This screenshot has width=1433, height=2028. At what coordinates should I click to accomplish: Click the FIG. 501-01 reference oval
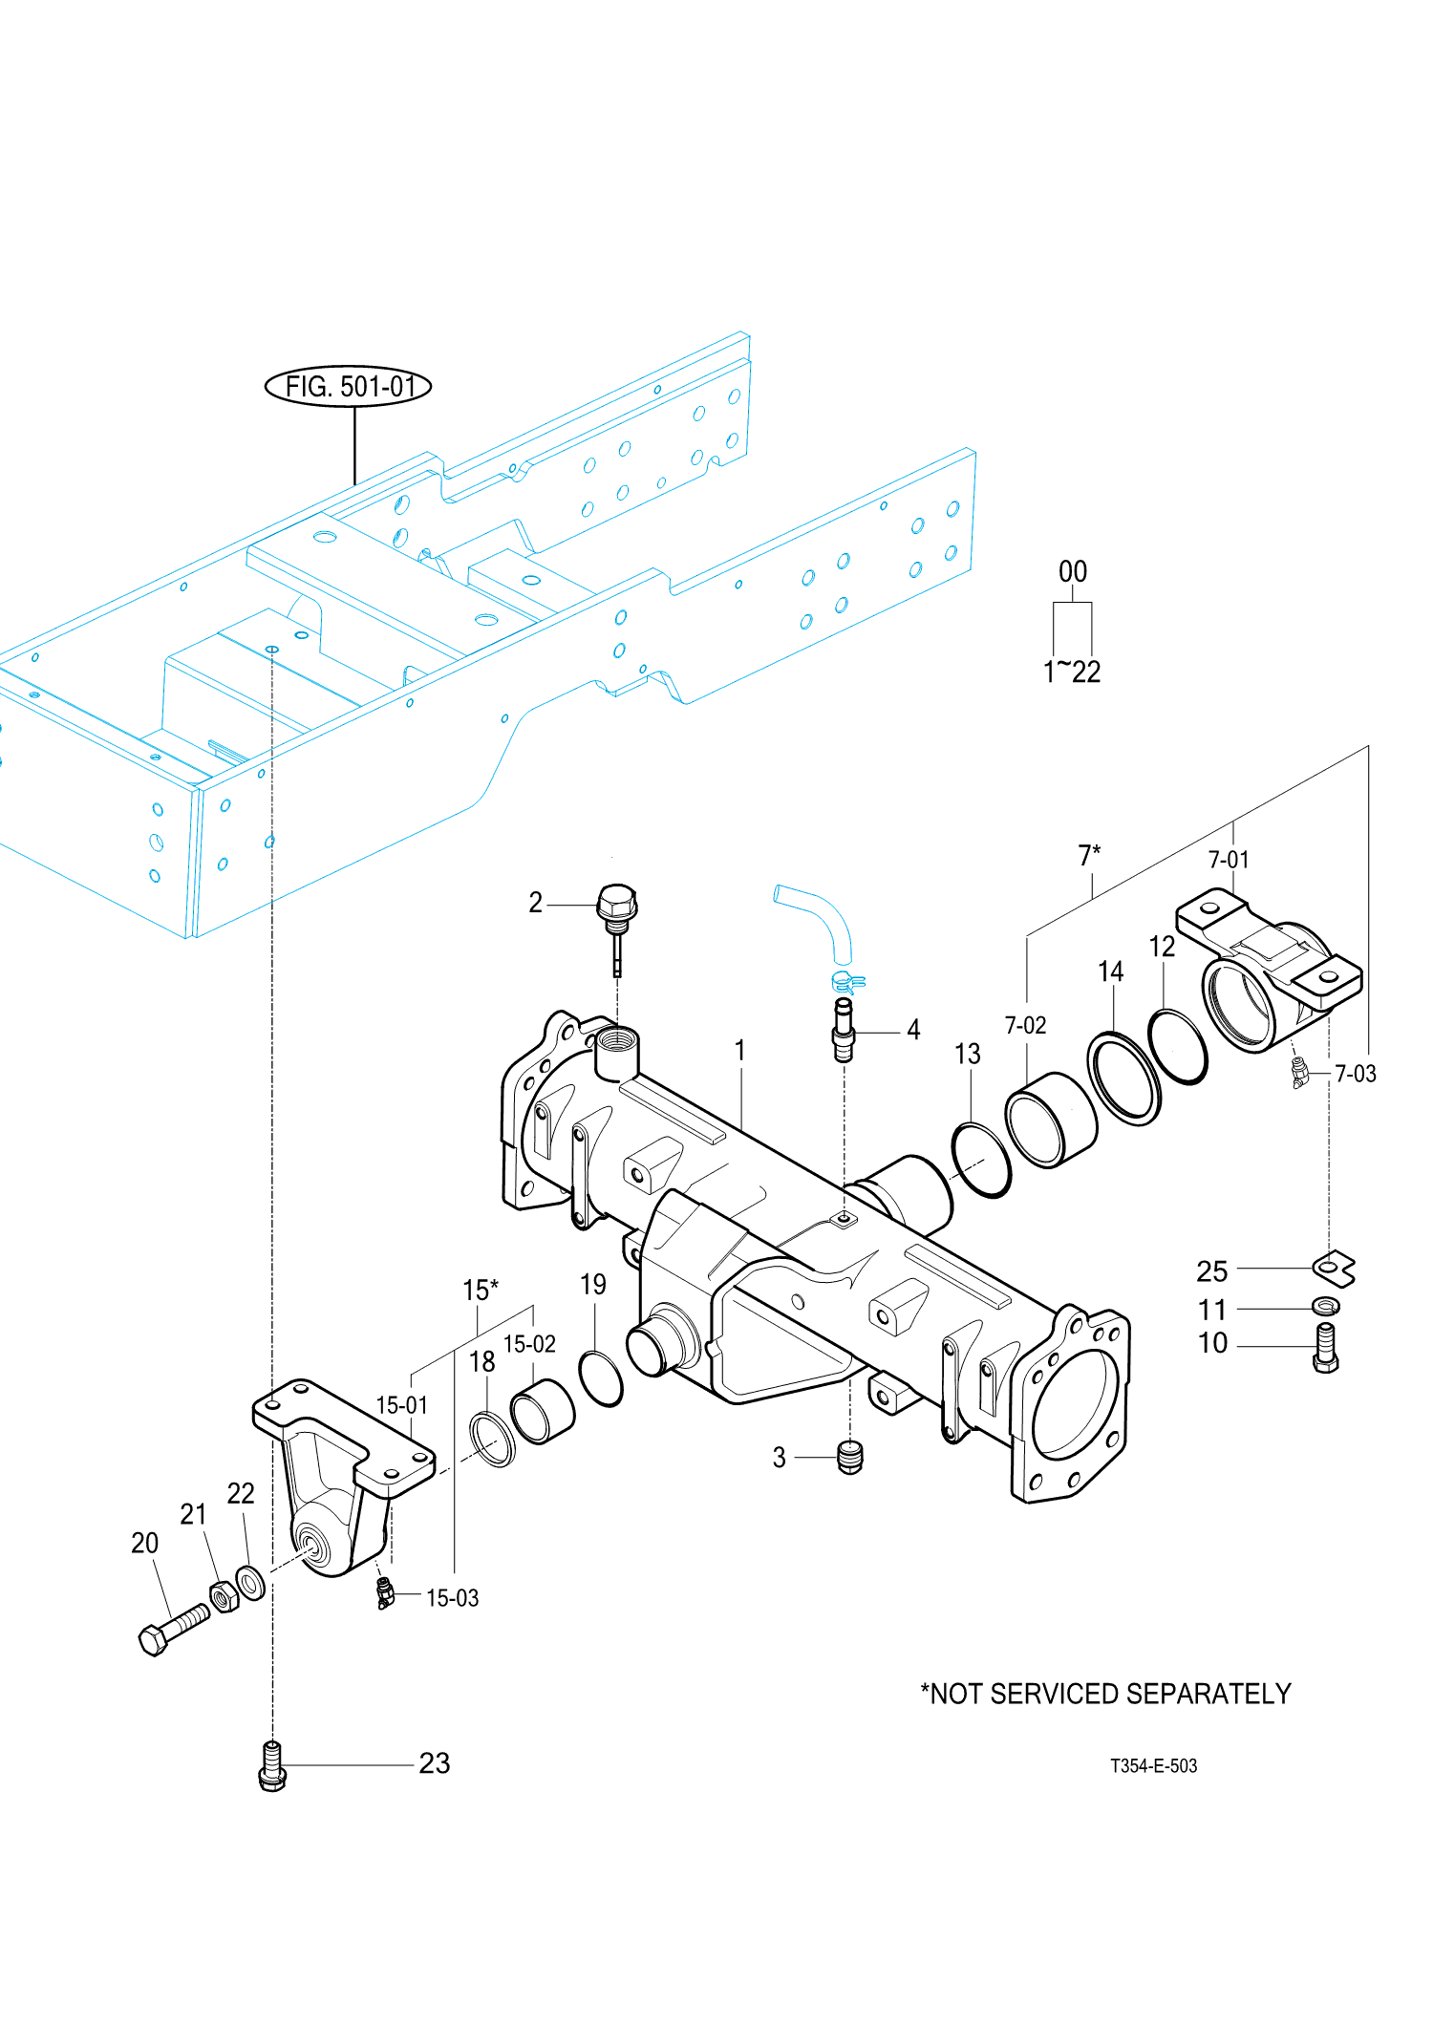tap(348, 386)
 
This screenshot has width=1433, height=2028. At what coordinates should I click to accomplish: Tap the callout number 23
tap(435, 1763)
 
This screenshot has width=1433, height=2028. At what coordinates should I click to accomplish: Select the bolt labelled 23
tap(272, 1766)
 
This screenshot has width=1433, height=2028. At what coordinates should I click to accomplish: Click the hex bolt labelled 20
tap(173, 1630)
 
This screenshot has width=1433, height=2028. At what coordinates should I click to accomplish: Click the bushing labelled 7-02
tap(1051, 1120)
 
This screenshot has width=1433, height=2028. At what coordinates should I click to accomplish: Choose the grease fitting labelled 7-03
tap(1299, 1073)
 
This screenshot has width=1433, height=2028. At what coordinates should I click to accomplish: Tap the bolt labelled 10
tap(1326, 1348)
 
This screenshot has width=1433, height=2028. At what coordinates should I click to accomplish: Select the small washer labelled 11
tap(1326, 1306)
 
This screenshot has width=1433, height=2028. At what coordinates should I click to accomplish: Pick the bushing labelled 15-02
tap(543, 1412)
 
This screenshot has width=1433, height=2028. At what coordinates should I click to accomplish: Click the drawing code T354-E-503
tap(1153, 1766)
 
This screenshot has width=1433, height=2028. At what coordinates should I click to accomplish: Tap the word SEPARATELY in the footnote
tap(1212, 1694)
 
